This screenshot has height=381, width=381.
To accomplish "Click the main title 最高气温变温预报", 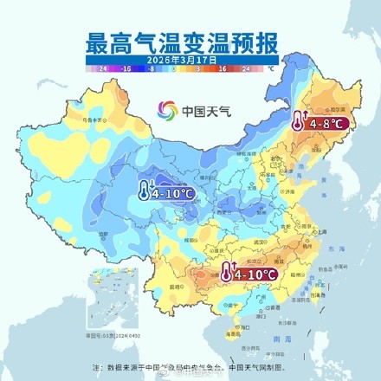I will (190, 42).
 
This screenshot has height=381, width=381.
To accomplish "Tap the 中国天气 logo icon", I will (167, 111).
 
